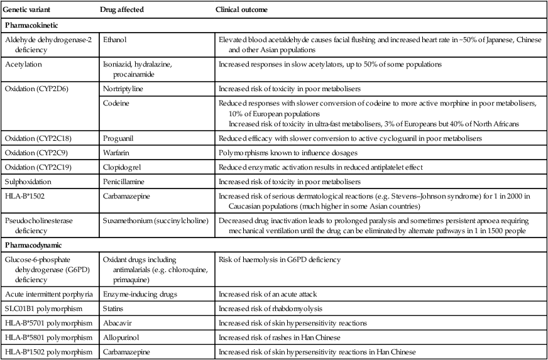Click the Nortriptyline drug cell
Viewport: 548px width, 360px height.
click(122, 89)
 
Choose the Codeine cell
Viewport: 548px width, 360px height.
click(115, 103)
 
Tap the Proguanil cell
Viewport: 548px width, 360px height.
click(118, 138)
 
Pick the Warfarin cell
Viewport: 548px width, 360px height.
click(116, 153)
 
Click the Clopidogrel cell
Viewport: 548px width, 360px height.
click(121, 167)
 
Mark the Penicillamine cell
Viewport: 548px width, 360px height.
click(123, 182)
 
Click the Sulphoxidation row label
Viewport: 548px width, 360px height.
click(28, 182)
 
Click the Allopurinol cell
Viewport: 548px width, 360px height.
click(119, 337)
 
